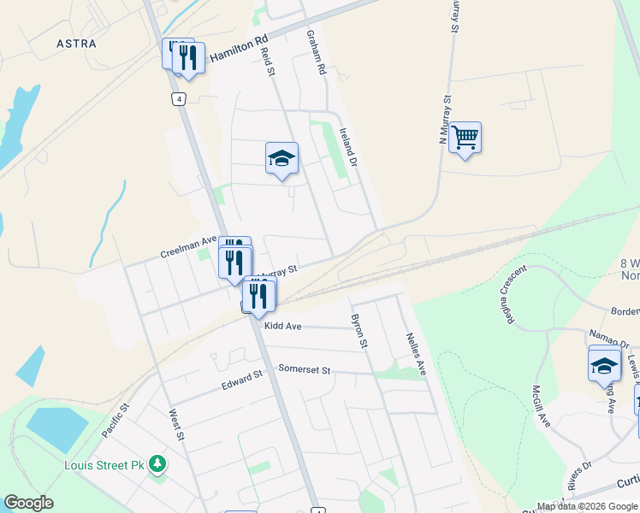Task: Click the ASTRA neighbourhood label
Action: pos(76,43)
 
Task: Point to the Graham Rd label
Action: pos(317,52)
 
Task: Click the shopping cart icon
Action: pos(465,137)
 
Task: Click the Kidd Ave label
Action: pos(283,327)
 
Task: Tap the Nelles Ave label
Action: pos(416,355)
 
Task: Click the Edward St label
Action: pos(240,380)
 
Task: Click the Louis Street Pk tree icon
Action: pos(157,464)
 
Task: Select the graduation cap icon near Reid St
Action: pos(281,158)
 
